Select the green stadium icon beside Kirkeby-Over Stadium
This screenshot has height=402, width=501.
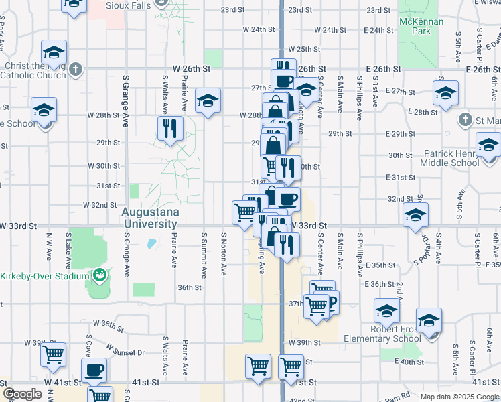pyautogui.click(x=100, y=275)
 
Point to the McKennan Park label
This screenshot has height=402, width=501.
pyautogui.click(x=421, y=26)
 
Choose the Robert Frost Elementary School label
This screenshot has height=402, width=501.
pyautogui.click(x=382, y=334)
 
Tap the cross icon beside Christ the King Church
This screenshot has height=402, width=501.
pyautogui.click(x=76, y=69)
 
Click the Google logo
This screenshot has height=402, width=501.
pyautogui.click(x=23, y=394)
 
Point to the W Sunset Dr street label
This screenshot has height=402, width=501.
pyautogui.click(x=125, y=350)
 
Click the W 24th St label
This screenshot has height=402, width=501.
pyautogui.click(x=260, y=30)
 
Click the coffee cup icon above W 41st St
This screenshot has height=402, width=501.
pyautogui.click(x=94, y=368)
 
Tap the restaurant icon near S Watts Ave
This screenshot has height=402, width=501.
pyautogui.click(x=171, y=127)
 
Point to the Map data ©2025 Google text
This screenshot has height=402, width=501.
pyautogui.click(x=459, y=397)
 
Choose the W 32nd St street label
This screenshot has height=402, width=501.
pyautogui.click(x=100, y=205)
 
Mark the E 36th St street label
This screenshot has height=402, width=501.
pyautogui.click(x=380, y=284)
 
